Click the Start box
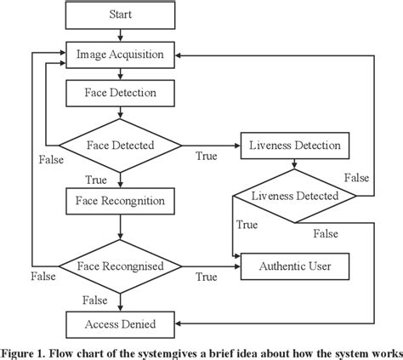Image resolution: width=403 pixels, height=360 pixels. click(x=120, y=15)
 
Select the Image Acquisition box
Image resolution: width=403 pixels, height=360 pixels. click(x=120, y=53)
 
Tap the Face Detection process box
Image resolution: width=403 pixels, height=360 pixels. click(x=120, y=90)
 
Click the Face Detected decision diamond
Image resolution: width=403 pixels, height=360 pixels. click(x=120, y=146)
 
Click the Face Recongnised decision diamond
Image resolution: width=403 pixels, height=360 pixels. click(x=120, y=266)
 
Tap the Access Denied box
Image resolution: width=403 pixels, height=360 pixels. click(x=120, y=323)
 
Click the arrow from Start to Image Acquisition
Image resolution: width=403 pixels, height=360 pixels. click(x=120, y=34)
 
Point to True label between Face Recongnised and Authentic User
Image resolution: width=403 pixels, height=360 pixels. click(x=206, y=277)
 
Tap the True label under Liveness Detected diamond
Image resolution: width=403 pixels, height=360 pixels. click(x=247, y=225)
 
